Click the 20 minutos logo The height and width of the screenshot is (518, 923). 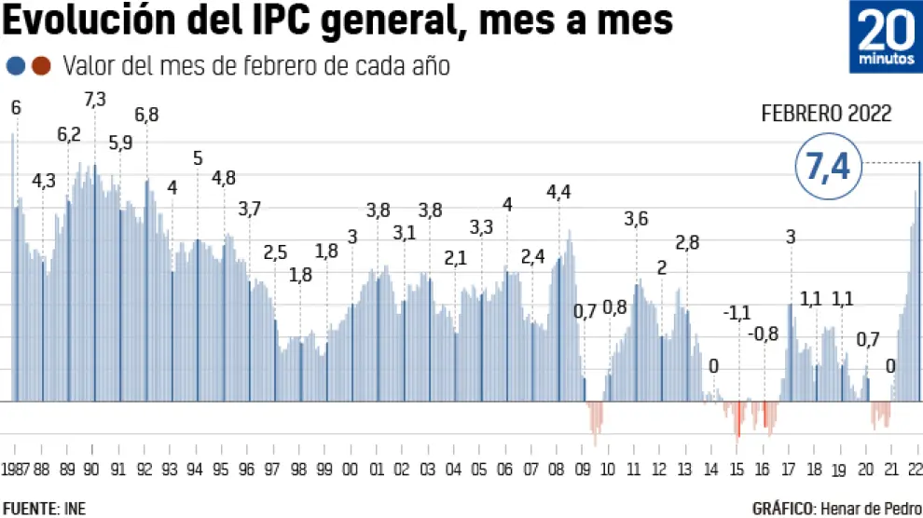tap(885, 37)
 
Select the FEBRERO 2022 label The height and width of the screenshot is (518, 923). tap(826, 114)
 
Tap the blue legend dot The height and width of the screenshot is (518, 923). tap(16, 66)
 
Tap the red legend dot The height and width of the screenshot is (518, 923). tap(40, 66)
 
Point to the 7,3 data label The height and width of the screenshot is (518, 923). tap(94, 99)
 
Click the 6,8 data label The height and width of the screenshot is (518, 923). tap(146, 116)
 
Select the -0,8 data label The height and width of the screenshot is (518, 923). tap(764, 333)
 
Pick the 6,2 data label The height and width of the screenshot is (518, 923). tap(69, 134)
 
